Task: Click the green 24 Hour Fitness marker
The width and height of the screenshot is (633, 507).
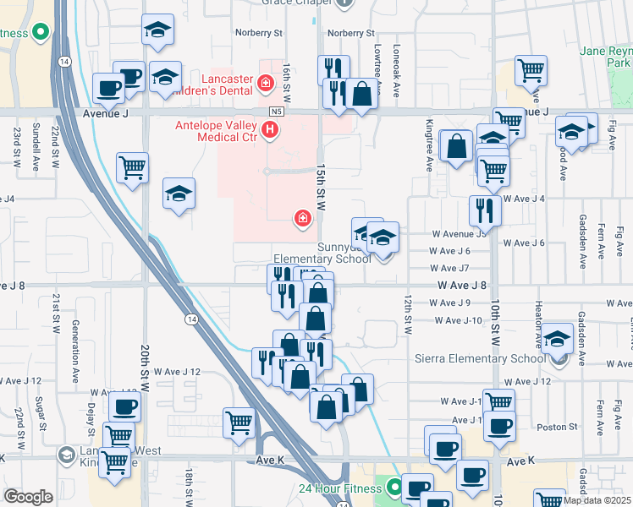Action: pos(394,487)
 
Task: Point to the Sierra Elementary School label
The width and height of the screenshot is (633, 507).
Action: pos(481,358)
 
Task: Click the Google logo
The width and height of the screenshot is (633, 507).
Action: pos(28,497)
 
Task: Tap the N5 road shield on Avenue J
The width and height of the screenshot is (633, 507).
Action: pos(277,112)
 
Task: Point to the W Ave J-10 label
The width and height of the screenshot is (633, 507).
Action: pos(457,320)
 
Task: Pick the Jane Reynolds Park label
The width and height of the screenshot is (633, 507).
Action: pos(607,57)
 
